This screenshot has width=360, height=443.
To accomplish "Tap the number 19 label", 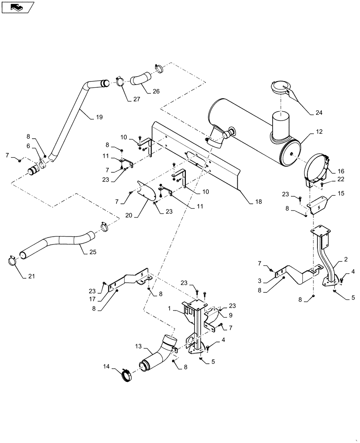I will (x=98, y=117).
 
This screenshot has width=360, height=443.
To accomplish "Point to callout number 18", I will (x=258, y=202).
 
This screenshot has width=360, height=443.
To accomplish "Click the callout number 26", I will (x=156, y=92).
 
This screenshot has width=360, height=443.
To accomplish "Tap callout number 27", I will (x=136, y=99).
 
